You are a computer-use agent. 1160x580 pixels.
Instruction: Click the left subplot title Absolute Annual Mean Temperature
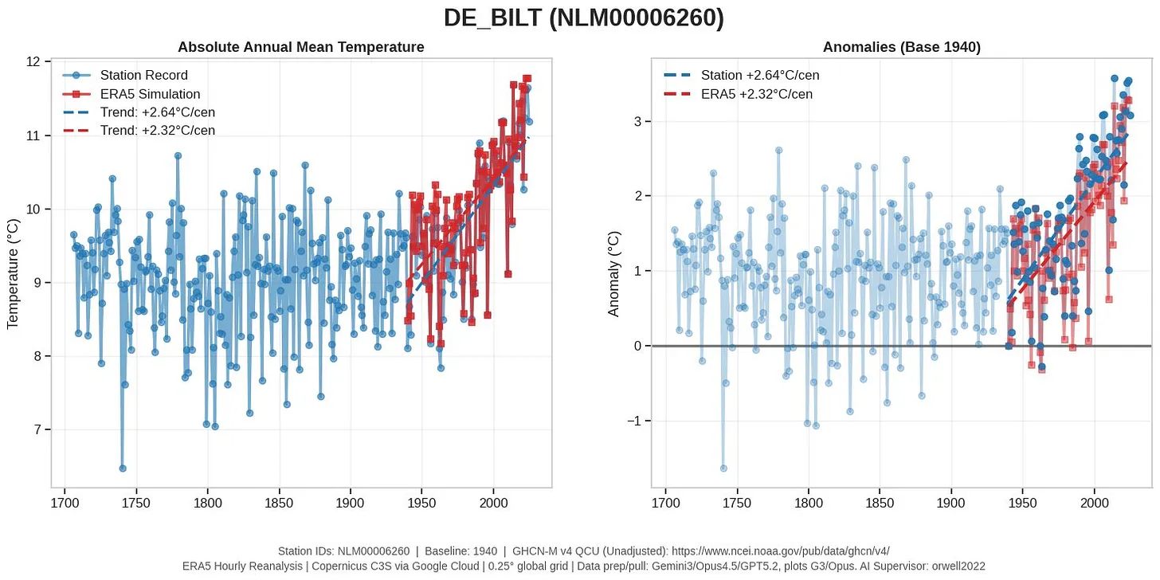(x=300, y=48)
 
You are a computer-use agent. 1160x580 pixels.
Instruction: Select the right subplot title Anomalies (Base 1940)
(x=901, y=48)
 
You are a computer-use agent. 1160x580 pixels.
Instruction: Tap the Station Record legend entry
(x=143, y=76)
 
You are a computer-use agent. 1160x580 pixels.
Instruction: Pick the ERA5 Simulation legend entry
(x=150, y=94)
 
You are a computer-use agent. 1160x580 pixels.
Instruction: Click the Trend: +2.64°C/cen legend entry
(x=157, y=112)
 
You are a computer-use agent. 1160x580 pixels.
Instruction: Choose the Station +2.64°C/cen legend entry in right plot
(x=759, y=76)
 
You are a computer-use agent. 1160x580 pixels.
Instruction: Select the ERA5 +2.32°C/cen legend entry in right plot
(x=756, y=94)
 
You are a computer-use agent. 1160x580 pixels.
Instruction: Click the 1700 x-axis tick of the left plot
(x=65, y=503)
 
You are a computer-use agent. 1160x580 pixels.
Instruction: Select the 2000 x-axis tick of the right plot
(x=1094, y=503)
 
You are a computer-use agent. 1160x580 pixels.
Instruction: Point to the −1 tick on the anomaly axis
(x=636, y=421)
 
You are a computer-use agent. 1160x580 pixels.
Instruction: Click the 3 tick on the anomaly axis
(x=639, y=121)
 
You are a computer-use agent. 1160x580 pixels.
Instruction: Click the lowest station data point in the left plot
(x=123, y=468)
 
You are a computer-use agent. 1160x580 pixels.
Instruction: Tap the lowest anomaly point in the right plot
(x=723, y=468)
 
